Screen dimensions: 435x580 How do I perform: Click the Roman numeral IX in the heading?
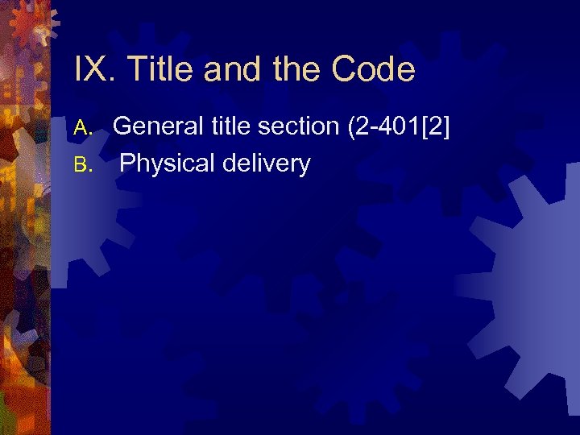pos(92,70)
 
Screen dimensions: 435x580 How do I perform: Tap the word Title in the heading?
pos(161,70)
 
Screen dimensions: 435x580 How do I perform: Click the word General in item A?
pos(159,126)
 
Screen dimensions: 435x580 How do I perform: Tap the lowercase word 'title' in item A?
pos(229,126)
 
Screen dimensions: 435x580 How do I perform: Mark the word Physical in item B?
pos(164,164)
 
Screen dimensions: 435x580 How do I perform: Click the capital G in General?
pos(123,126)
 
